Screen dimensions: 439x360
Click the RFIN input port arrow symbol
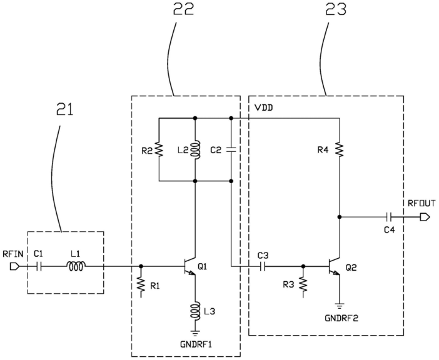pyautogui.click(x=14, y=267)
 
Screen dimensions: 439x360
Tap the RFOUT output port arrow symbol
pyautogui.click(x=425, y=217)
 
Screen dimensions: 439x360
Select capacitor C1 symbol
pyautogui.click(x=39, y=267)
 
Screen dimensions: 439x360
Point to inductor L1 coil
pyautogui.click(x=76, y=266)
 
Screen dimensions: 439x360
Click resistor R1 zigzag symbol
pyautogui.click(x=141, y=286)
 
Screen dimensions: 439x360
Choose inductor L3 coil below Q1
pyautogui.click(x=195, y=311)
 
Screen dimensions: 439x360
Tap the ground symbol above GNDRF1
pyautogui.click(x=195, y=333)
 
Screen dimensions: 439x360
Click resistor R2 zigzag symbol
pyautogui.click(x=159, y=149)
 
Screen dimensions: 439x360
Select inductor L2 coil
pyautogui.click(x=195, y=149)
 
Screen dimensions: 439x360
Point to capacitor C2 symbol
pyautogui.click(x=231, y=149)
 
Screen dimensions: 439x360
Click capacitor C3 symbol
pyautogui.click(x=263, y=267)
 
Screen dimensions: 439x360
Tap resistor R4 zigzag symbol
pyautogui.click(x=340, y=149)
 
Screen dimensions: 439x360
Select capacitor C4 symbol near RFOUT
pyautogui.click(x=388, y=217)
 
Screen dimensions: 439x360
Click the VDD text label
pyautogui.click(x=263, y=107)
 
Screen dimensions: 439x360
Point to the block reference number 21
pyautogui.click(x=64, y=109)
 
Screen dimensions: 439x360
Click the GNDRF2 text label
pyautogui.click(x=341, y=318)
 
